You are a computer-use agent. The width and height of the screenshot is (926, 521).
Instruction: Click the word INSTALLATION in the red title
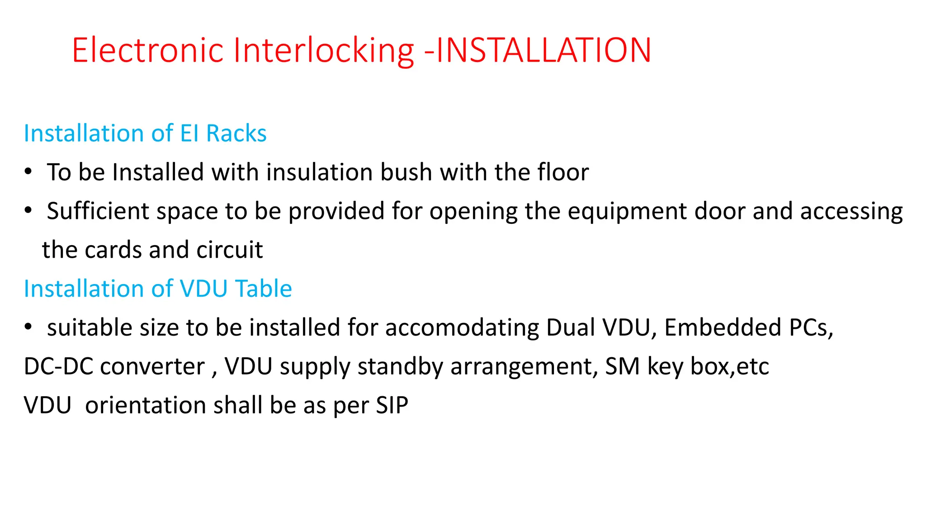coord(543,50)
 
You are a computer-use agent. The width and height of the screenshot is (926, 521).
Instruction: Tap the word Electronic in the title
coord(147,50)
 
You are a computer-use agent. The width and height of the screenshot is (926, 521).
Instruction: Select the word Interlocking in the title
coord(323,50)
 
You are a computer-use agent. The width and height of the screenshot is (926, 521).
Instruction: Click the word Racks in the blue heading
coord(236,134)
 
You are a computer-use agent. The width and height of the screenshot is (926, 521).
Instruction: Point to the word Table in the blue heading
coord(264,289)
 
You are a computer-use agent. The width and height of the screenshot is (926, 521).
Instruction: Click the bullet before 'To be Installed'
coord(28,172)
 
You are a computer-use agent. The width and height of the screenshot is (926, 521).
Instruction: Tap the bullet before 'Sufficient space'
coord(28,211)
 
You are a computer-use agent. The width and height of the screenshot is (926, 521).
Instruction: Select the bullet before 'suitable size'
coord(28,327)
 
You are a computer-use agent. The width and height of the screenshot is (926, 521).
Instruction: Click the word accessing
coord(851,212)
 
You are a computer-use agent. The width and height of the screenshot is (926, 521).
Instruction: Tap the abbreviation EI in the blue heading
coord(189,134)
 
